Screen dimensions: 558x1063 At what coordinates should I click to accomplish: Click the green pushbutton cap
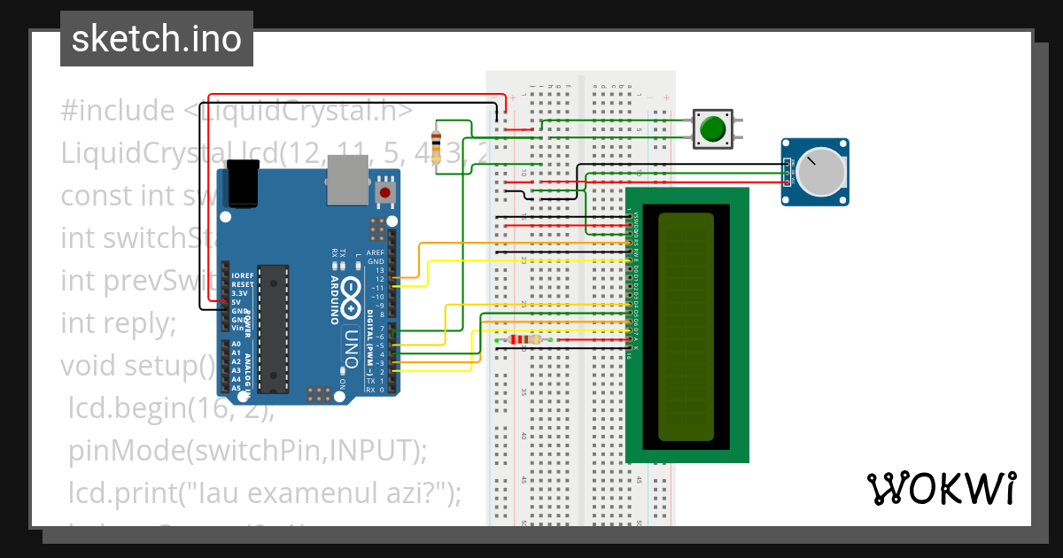(x=712, y=129)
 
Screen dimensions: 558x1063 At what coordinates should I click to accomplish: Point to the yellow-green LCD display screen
(x=686, y=326)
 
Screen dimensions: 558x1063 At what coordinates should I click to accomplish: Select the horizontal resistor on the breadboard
(x=526, y=339)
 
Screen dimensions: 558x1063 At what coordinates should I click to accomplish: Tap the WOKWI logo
(x=941, y=488)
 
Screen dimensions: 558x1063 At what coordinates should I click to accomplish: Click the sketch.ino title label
(x=157, y=39)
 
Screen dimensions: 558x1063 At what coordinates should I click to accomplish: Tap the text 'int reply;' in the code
(x=119, y=324)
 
